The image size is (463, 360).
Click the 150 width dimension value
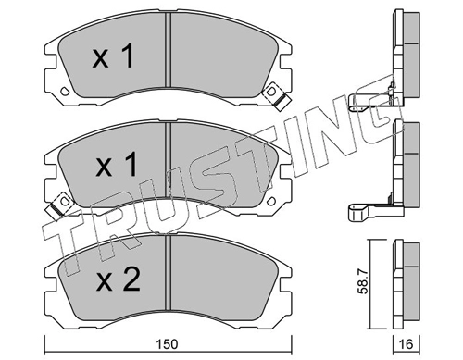point(167,344)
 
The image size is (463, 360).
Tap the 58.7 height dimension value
point(363,281)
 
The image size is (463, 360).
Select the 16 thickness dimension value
point(407,344)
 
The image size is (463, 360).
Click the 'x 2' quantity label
point(119,279)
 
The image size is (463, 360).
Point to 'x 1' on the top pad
point(113,56)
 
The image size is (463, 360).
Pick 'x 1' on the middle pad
point(116,166)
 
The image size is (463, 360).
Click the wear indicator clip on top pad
point(276,96)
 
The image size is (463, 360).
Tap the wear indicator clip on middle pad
point(60,204)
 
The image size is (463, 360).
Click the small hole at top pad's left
point(65,91)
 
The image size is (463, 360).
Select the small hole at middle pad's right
point(271,201)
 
